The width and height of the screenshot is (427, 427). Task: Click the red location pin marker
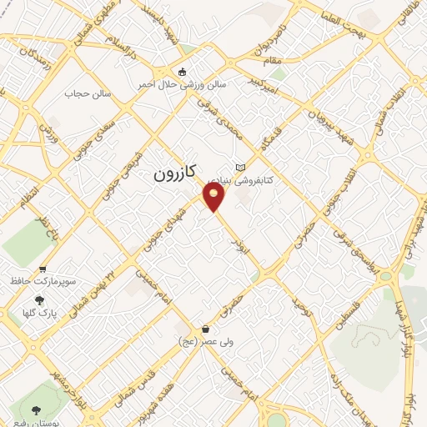214,197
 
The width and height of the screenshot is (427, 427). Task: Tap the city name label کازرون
173,174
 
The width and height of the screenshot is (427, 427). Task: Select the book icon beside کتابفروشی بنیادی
241,167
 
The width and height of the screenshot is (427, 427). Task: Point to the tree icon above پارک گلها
39,300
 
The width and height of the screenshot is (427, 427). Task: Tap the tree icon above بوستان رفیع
37,409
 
